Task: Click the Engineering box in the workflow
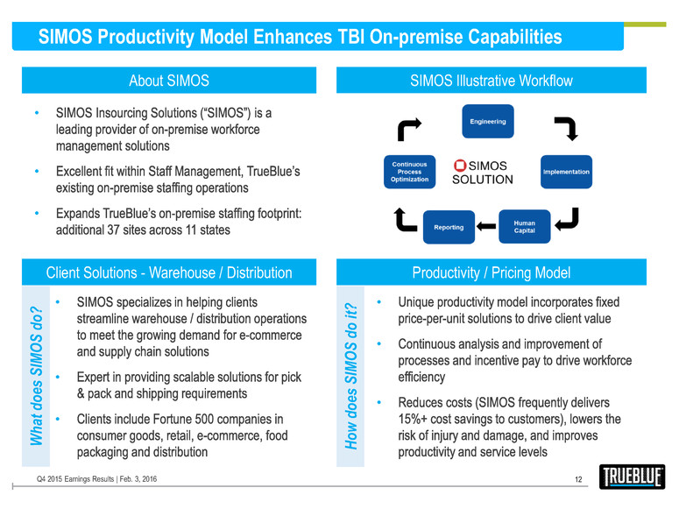(x=487, y=122)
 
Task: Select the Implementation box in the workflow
(x=566, y=172)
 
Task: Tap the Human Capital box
(x=524, y=226)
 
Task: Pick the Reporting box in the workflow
(x=449, y=227)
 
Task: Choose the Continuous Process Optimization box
(x=409, y=171)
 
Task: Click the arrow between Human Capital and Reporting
(x=486, y=227)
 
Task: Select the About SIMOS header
(x=169, y=81)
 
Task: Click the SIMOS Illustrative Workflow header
(x=491, y=81)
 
